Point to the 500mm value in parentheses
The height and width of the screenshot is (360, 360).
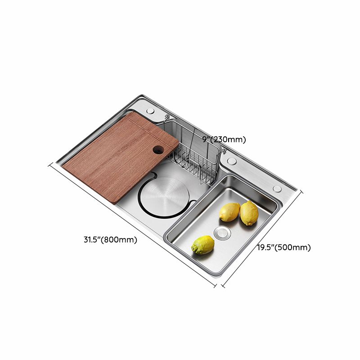(x=295, y=247)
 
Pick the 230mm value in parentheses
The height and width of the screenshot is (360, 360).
(x=230, y=139)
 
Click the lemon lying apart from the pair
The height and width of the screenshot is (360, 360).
(x=202, y=245)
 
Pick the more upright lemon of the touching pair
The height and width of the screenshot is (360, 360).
(x=249, y=213)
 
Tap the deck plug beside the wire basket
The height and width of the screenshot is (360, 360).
(x=232, y=161)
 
